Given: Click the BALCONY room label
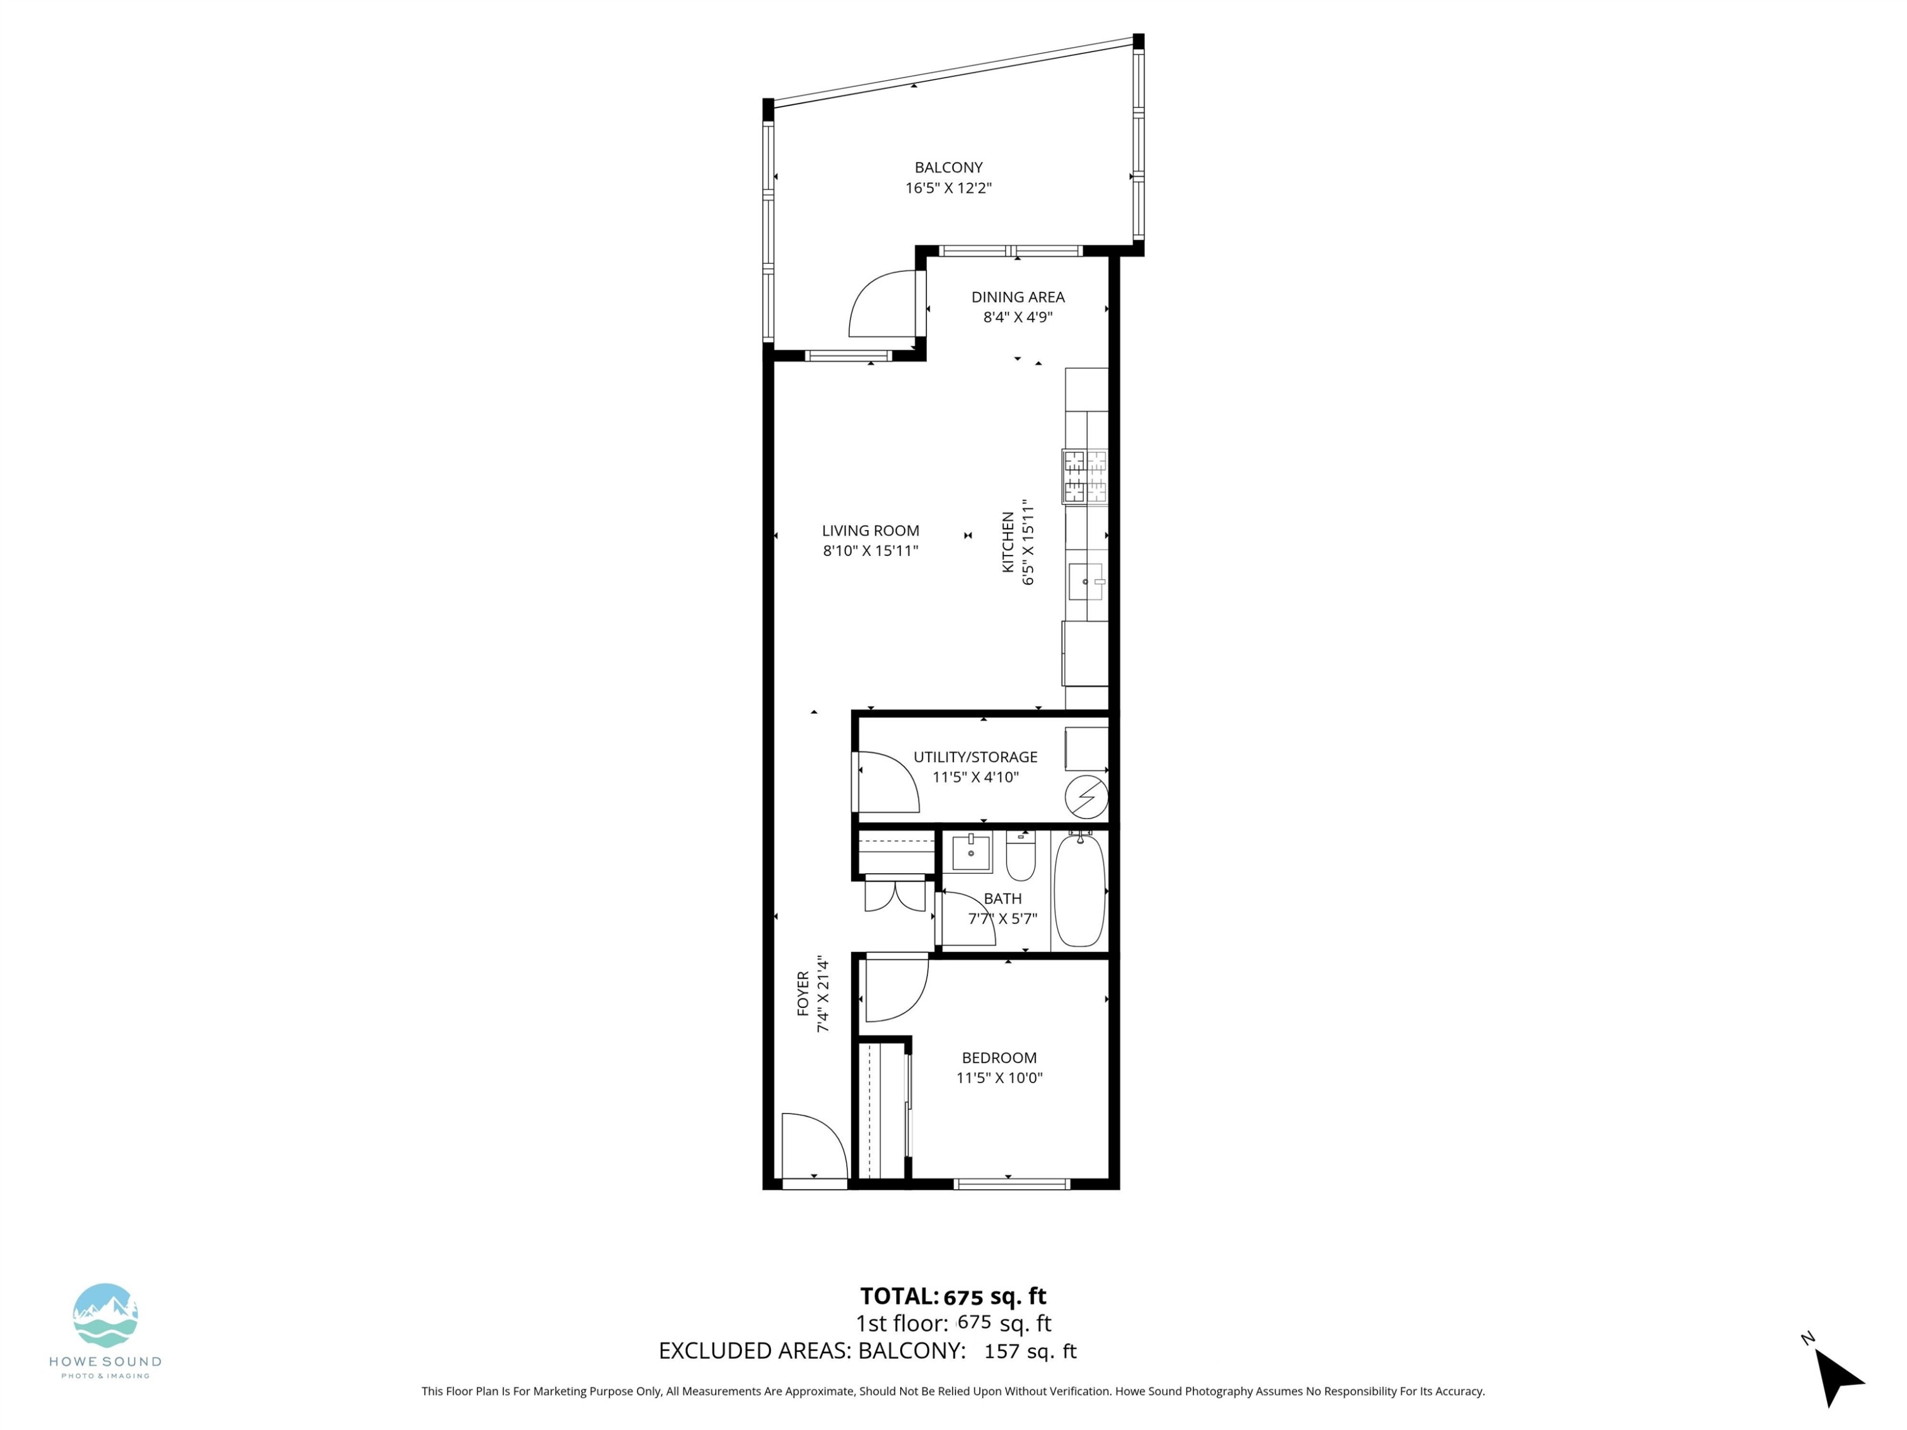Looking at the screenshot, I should click(948, 167).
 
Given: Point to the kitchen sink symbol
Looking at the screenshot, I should click(1086, 582).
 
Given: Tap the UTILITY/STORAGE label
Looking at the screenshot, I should click(975, 757).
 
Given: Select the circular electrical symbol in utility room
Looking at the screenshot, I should click(1086, 798).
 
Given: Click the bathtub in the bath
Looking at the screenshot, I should click(1079, 890).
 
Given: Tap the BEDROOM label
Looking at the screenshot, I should click(999, 1058).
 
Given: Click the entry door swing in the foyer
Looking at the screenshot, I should click(810, 1147).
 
